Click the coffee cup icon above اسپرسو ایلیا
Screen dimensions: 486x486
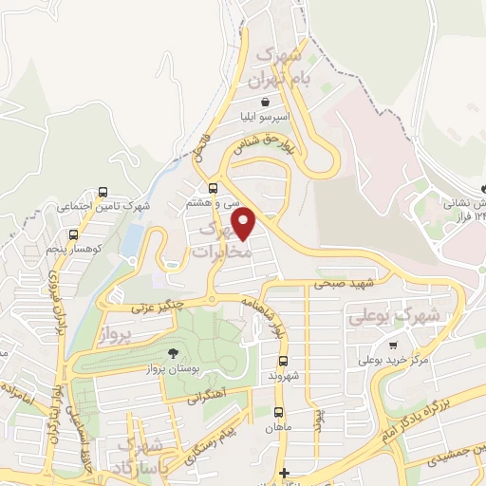coord(264,102)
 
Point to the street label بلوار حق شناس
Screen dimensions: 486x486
coord(271,142)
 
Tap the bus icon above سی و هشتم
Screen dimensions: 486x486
coord(212,188)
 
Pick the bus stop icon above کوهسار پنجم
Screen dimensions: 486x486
coord(73,234)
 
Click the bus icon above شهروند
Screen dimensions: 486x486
coord(283,361)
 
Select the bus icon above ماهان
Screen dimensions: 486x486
coord(278,412)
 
